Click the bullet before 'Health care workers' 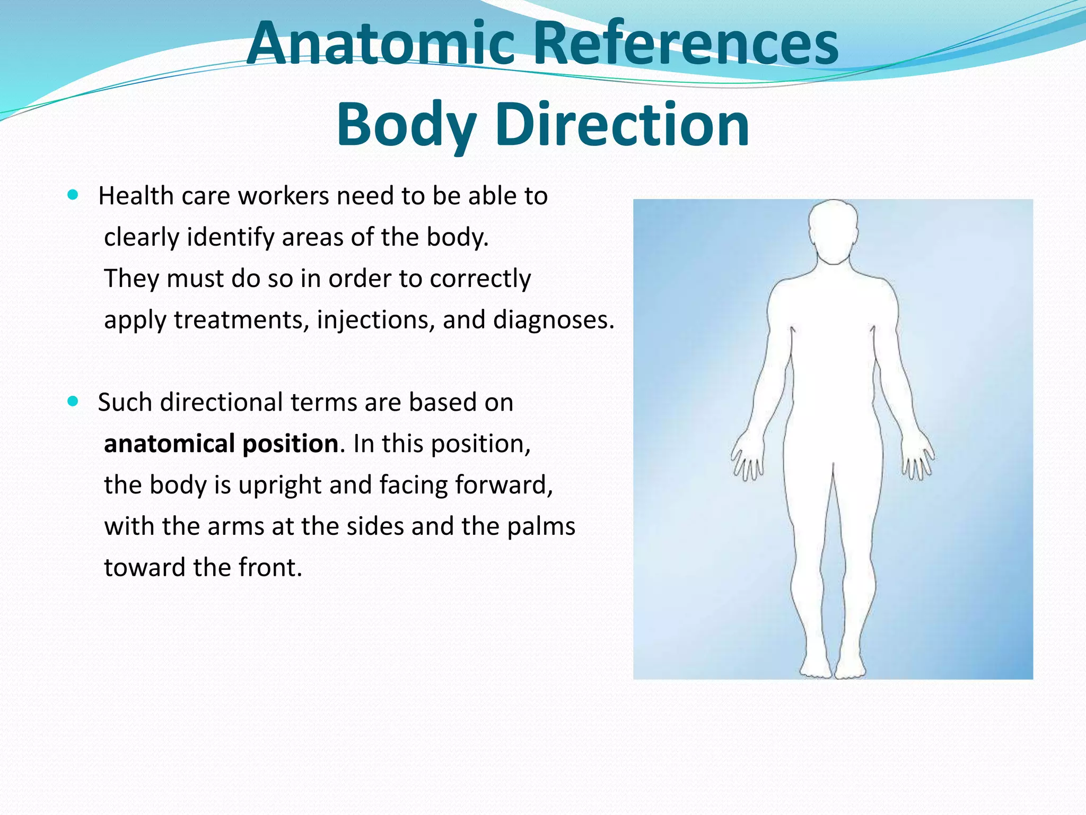tap(73, 195)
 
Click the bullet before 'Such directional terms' tap(73, 401)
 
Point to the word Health tap(136, 196)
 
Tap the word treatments tap(241, 319)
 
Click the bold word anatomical tap(169, 444)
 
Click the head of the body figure tap(833, 231)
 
